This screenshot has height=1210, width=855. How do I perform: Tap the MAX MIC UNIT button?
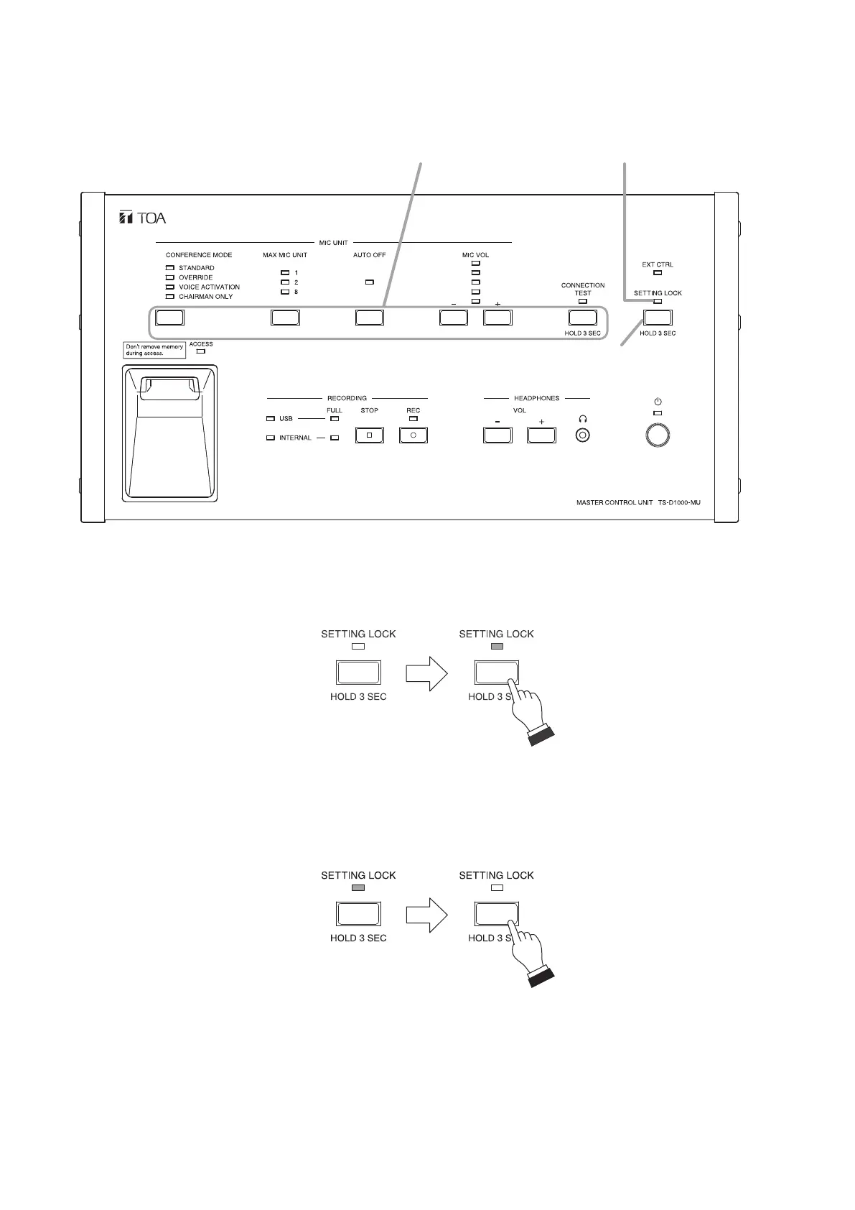coord(285,317)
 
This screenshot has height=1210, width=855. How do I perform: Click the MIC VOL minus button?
coord(454,317)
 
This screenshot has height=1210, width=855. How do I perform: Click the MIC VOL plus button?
coord(497,317)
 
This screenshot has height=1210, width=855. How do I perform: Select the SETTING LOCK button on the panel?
coord(658,317)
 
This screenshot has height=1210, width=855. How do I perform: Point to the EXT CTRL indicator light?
coord(658,273)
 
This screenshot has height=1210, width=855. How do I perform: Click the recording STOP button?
coord(370,435)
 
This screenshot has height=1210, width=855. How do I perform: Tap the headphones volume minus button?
coord(497,435)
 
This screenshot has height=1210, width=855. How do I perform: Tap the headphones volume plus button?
coord(541,435)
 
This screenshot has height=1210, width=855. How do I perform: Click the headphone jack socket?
coord(584,435)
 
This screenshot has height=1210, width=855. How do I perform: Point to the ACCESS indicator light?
coord(201,351)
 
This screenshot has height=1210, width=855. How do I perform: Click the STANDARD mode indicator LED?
coord(170,268)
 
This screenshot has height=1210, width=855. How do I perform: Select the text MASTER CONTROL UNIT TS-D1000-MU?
coord(638,503)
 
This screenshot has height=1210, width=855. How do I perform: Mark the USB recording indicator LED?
coord(270,418)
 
